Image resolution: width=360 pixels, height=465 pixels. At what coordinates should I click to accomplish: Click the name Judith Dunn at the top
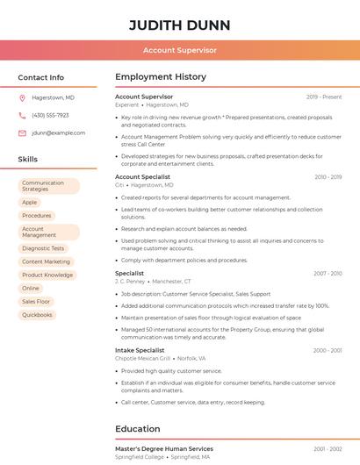(179, 25)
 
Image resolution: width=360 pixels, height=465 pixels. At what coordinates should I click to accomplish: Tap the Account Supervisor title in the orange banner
(179, 50)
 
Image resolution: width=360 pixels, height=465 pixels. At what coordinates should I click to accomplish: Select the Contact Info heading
(40, 77)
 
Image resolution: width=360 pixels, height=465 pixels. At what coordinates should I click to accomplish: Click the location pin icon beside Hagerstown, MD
(22, 97)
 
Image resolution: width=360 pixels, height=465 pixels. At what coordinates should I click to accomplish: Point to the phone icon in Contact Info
(22, 115)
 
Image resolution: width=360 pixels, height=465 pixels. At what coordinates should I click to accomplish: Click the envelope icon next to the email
(22, 132)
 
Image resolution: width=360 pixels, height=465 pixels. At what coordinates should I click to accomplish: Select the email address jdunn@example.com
(58, 132)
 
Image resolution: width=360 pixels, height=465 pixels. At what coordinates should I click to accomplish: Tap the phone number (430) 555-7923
(50, 115)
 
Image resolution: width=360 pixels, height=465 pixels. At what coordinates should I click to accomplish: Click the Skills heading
(28, 159)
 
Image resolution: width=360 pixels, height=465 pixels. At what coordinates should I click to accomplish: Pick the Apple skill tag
(30, 202)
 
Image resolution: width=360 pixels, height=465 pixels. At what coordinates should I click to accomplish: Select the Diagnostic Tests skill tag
(43, 248)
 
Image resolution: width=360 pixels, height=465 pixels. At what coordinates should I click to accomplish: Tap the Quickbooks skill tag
(37, 314)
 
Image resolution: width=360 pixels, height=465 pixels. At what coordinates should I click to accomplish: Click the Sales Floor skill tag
(36, 301)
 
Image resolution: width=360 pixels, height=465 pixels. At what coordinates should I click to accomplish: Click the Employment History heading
(161, 77)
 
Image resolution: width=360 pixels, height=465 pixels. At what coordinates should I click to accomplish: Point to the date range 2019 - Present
(324, 97)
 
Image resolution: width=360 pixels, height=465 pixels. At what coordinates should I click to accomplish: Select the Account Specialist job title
(142, 177)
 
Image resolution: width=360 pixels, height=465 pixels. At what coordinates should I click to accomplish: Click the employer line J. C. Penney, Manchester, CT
(153, 282)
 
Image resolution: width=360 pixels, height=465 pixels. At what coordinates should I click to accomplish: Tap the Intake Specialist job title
(140, 350)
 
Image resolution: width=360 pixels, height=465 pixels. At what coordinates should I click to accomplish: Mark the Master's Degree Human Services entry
(164, 448)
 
